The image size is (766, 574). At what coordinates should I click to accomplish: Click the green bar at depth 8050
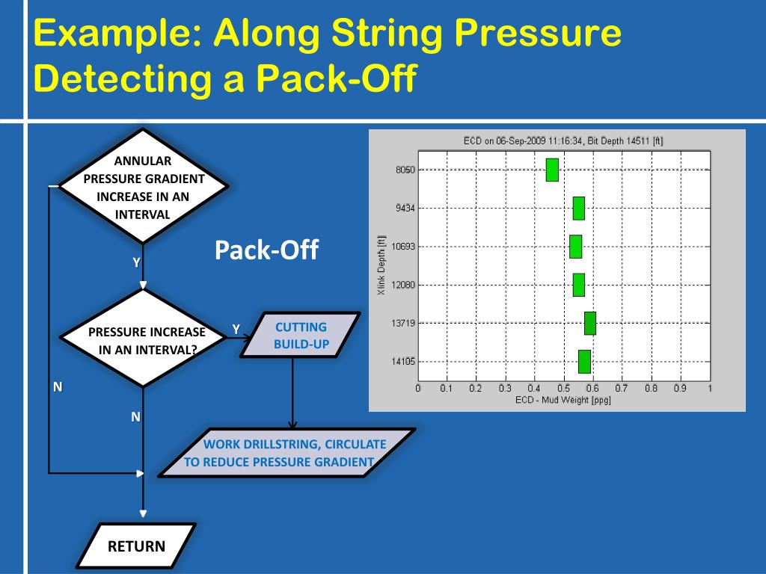[x=552, y=170]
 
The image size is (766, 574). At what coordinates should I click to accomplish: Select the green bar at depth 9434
[x=578, y=208]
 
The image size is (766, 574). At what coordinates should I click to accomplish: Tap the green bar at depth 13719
[x=589, y=323]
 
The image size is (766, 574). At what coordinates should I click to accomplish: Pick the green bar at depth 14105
[x=584, y=362]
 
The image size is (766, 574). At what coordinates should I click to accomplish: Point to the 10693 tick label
[x=404, y=247]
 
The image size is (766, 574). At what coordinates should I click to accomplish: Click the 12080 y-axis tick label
[x=404, y=285]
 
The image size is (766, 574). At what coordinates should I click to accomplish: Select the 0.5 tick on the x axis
[x=563, y=389]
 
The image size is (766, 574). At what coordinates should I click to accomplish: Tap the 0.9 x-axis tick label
[x=679, y=389]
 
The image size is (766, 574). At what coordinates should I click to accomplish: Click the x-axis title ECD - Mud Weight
[x=563, y=400]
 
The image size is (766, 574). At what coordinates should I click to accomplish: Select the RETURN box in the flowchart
[x=136, y=546]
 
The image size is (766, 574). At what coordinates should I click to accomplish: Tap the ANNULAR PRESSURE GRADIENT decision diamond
[x=143, y=187]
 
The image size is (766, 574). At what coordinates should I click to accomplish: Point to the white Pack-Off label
[x=266, y=250]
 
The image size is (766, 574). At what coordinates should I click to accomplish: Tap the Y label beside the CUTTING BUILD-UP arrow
[x=236, y=330]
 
